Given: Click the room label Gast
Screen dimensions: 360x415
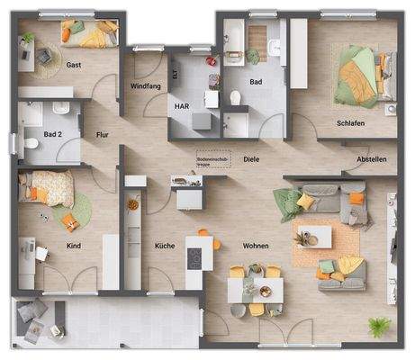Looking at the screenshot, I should pyautogui.click(x=76, y=65).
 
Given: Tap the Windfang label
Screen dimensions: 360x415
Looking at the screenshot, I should pyautogui.click(x=145, y=85).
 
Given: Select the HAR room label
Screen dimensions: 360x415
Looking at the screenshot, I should pyautogui.click(x=181, y=105).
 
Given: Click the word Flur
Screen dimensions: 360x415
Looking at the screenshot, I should pyautogui.click(x=102, y=135).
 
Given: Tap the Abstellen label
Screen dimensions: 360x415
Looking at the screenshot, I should pyautogui.click(x=371, y=159).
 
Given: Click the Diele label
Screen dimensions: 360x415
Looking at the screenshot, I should pyautogui.click(x=251, y=159).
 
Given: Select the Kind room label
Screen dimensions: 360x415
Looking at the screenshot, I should pyautogui.click(x=74, y=245).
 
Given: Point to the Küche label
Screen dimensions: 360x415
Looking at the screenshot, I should pyautogui.click(x=164, y=245).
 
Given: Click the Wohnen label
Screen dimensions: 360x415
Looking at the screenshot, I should pyautogui.click(x=256, y=245).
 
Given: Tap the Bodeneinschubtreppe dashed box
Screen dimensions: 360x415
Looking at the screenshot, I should pyautogui.click(x=213, y=159).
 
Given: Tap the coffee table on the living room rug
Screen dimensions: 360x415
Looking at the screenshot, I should pyautogui.click(x=314, y=236).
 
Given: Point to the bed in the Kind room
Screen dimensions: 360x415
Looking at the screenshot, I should pyautogui.click(x=50, y=188).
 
